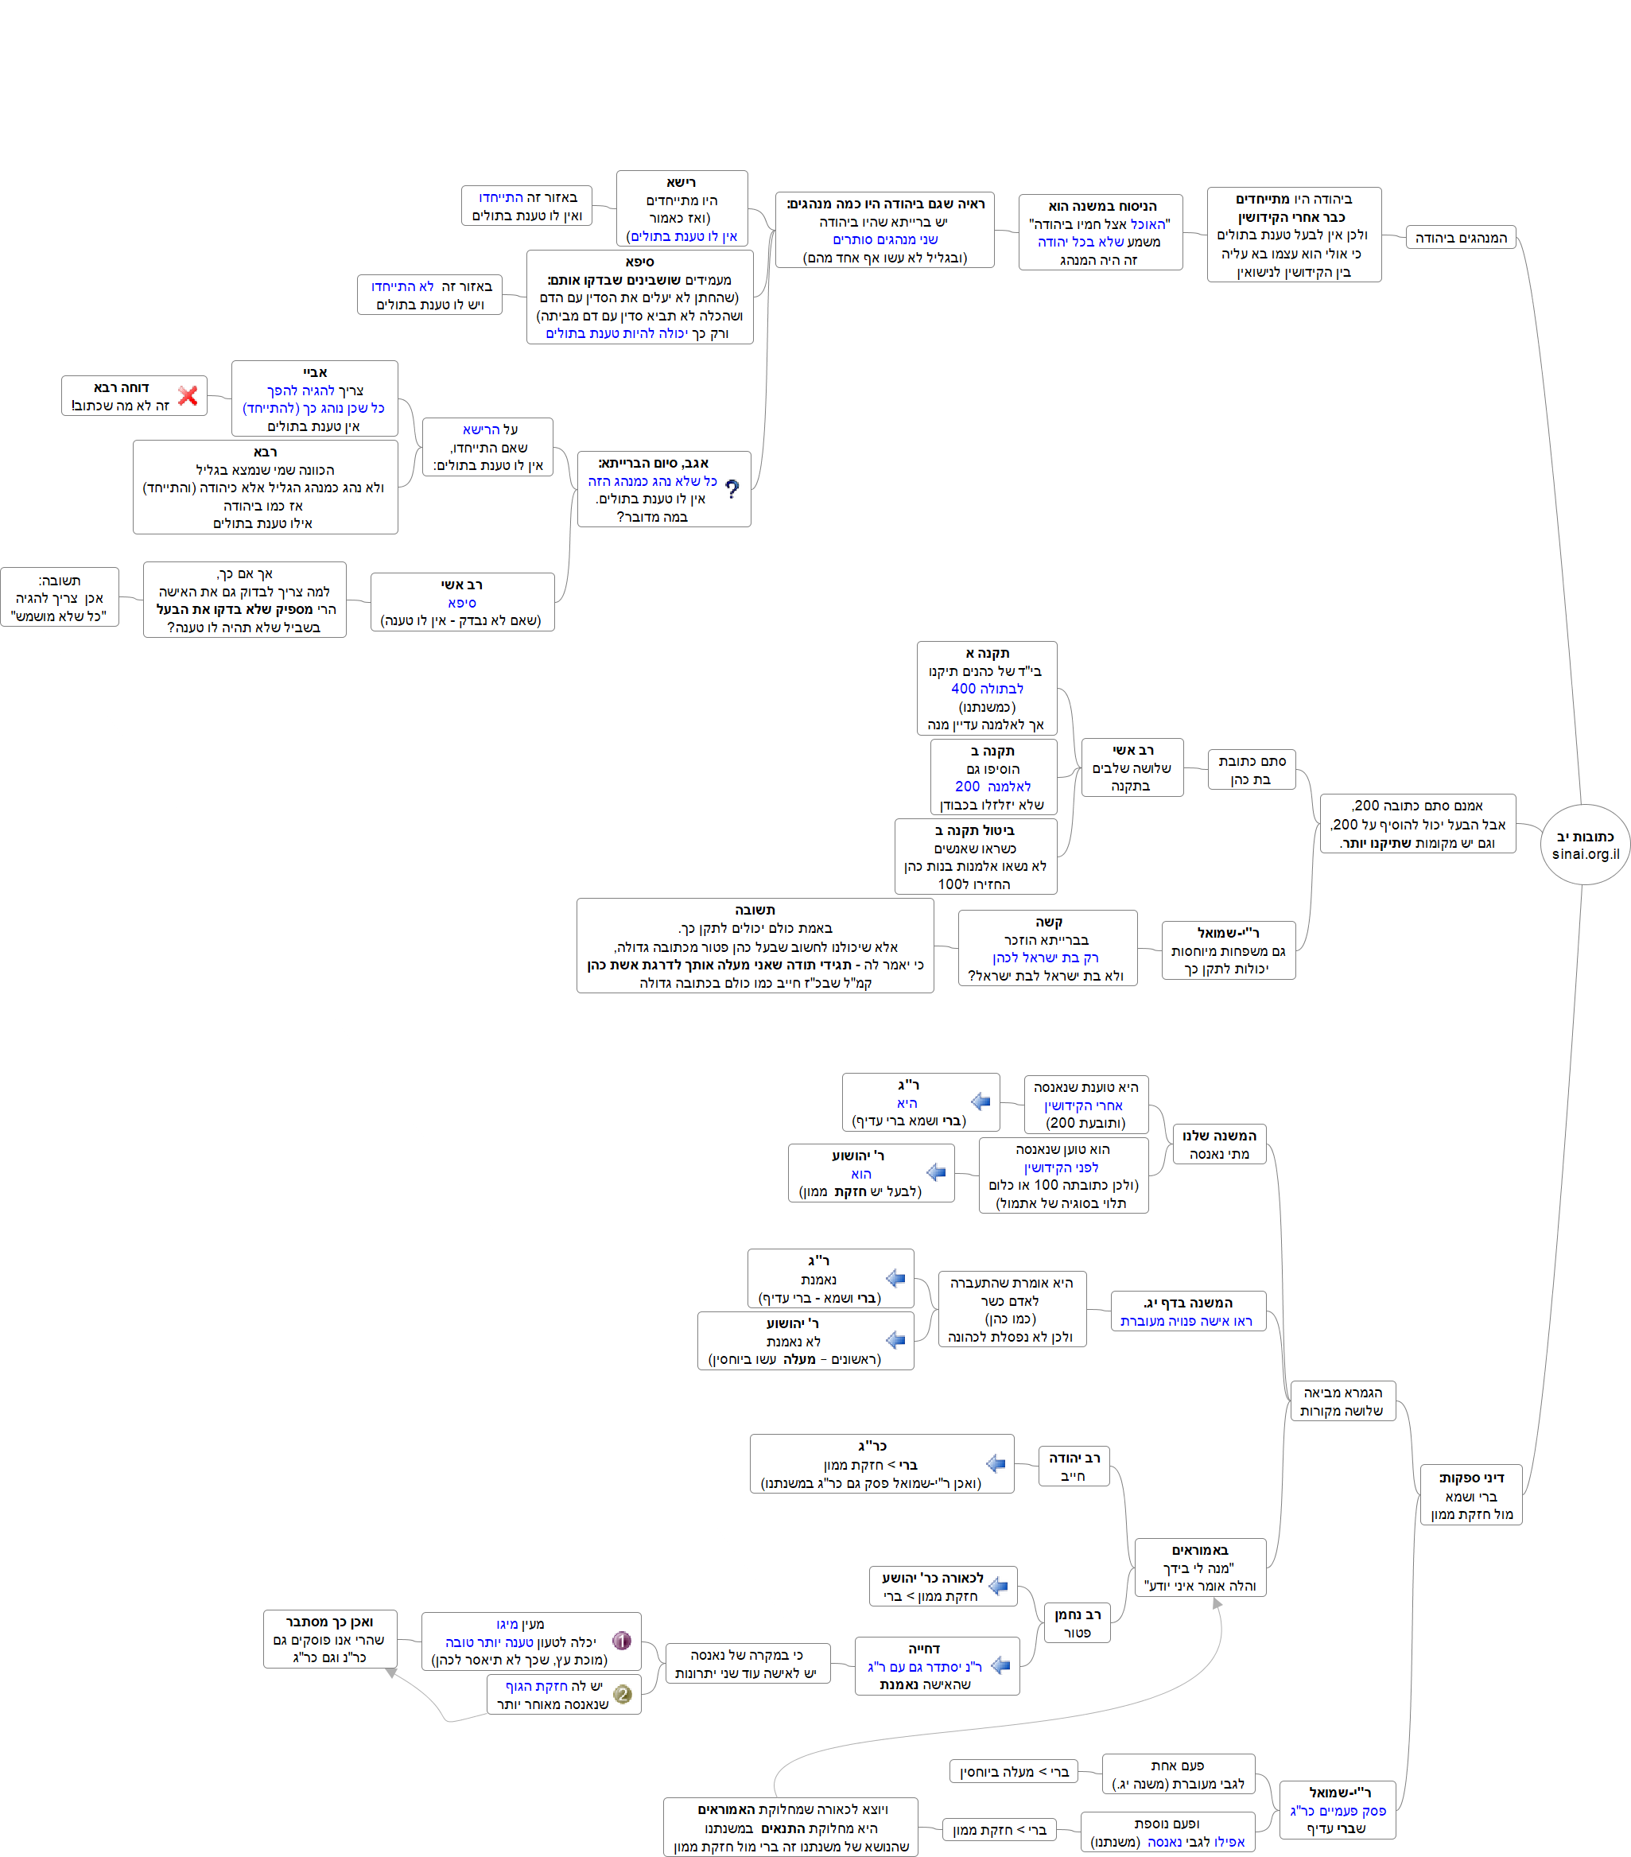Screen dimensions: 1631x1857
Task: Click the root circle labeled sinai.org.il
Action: [1585, 844]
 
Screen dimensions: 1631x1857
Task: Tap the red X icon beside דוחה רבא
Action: [188, 396]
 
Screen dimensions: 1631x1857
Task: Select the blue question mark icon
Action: [732, 489]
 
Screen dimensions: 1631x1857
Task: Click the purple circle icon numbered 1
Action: [622, 1641]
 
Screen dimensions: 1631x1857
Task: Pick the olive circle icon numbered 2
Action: [623, 1695]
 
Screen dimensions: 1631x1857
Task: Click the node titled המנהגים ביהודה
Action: [1460, 238]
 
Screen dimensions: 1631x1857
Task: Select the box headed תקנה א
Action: [987, 688]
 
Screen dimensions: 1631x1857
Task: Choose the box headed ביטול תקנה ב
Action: [975, 856]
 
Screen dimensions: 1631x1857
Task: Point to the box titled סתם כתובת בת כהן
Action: [1251, 770]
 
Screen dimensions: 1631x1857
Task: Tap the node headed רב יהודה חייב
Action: [1074, 1467]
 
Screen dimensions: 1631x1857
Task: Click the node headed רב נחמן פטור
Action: [1077, 1622]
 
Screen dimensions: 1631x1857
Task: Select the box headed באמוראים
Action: [1199, 1568]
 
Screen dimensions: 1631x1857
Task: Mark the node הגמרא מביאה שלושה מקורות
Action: [1342, 1401]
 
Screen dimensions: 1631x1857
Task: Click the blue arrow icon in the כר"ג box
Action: [996, 1463]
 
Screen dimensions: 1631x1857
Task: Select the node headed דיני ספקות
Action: [1470, 1495]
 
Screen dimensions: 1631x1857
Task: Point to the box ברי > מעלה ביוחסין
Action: [1013, 1772]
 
